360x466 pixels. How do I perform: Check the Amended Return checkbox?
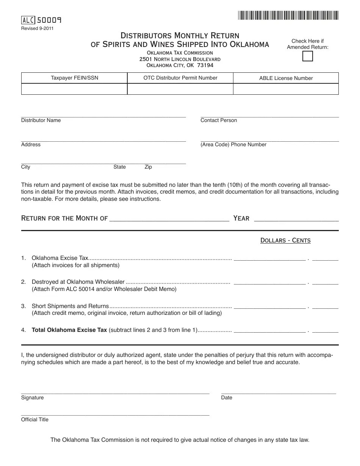point(308,56)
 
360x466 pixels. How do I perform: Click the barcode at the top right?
point(288,16)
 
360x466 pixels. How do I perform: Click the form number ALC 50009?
point(42,20)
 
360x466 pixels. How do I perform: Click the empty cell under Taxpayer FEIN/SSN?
point(74,89)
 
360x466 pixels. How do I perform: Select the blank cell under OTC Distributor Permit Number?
point(180,89)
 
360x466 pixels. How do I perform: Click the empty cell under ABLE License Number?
point(286,89)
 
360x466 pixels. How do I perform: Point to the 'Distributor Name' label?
point(41,120)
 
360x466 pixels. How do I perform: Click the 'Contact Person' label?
point(219,120)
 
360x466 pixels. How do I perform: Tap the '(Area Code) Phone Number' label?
point(233,145)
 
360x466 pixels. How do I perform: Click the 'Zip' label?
point(148,167)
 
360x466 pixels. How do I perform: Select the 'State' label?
point(120,167)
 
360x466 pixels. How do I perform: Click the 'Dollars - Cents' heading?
point(285,241)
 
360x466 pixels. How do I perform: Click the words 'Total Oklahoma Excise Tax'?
point(69,330)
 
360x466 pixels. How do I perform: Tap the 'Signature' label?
point(33,398)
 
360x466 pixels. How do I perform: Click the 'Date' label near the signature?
point(227,398)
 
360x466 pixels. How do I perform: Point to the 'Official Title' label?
point(35,420)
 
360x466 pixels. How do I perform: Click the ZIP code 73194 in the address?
point(205,66)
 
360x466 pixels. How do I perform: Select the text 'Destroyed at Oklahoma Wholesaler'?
point(78,282)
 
